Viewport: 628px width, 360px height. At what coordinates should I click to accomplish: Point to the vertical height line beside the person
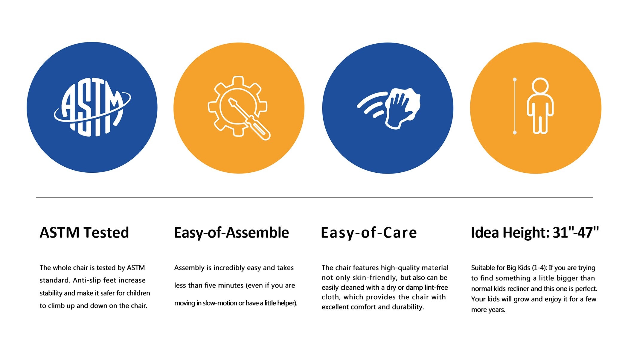pos(515,106)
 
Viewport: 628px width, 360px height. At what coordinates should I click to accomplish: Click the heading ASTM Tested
pos(84,233)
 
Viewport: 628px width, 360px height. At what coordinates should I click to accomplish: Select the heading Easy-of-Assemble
pos(231,233)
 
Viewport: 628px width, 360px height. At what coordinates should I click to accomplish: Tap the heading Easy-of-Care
pos(369,233)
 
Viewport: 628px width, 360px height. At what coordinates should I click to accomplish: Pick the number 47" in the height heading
pos(588,232)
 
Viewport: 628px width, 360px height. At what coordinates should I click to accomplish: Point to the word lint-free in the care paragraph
pos(436,288)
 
